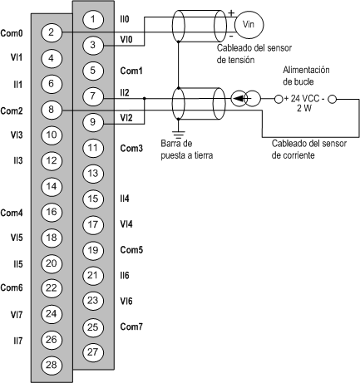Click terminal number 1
tap(93, 19)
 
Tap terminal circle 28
tap(52, 365)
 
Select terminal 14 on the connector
tap(52, 186)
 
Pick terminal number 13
tap(93, 174)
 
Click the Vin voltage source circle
tap(249, 24)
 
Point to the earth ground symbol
tap(179, 134)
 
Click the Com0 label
tap(12, 33)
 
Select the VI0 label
tap(126, 40)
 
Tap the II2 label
tap(125, 93)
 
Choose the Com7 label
tap(131, 327)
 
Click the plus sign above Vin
tap(231, 12)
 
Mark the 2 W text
tap(304, 108)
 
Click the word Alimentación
tap(306, 70)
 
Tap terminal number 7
tap(93, 96)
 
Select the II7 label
tap(18, 341)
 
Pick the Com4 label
tap(12, 213)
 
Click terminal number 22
tap(52, 288)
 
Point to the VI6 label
tap(126, 301)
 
